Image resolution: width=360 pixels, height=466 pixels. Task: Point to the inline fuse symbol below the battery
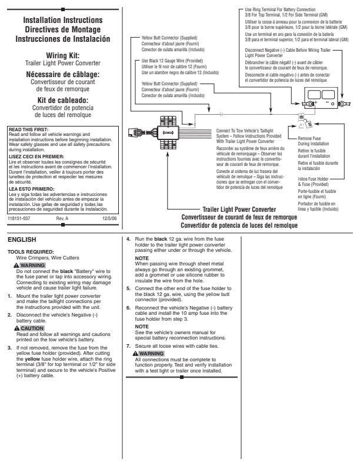[305, 125]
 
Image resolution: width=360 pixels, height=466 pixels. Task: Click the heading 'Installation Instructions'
[62, 20]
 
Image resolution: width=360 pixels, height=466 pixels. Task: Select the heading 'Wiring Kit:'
[62, 55]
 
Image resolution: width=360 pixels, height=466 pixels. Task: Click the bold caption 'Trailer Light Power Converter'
[239, 209]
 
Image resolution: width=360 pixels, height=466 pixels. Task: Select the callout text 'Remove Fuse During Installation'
[312, 141]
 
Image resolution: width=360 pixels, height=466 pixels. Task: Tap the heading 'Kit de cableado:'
[62, 99]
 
